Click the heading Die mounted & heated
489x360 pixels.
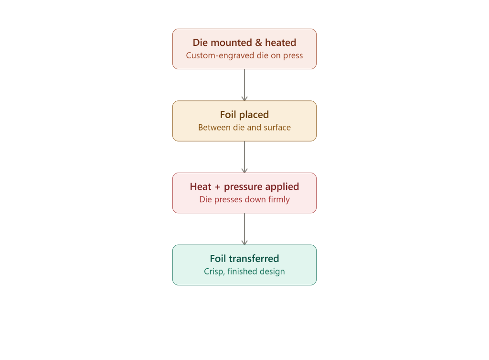244,43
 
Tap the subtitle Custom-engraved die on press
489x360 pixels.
244,55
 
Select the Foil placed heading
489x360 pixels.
244,115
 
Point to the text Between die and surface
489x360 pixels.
244,127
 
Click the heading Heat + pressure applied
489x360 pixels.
244,187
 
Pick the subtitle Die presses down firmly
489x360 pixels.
244,199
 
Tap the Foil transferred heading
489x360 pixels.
244,259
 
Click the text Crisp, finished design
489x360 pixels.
244,272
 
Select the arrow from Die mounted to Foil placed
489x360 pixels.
244,85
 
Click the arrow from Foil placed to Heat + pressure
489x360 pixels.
244,157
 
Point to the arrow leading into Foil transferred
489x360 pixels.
244,229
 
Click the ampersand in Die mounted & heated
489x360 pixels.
258,43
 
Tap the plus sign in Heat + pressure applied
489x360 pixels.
217,187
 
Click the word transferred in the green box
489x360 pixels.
254,259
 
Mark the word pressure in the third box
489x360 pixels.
243,187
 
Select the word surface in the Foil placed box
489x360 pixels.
277,127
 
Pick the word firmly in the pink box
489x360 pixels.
279,199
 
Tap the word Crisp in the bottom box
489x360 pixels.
214,272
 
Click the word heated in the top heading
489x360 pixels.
281,43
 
